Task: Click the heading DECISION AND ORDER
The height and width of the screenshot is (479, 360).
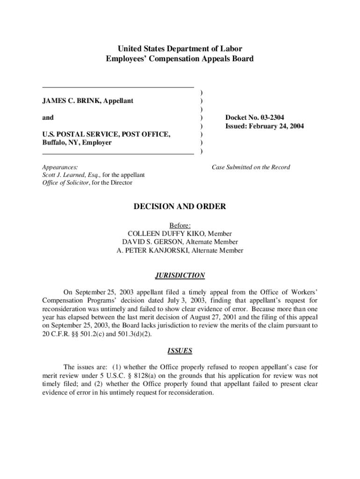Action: pyautogui.click(x=180, y=206)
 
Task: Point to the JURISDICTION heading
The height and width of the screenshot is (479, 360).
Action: pyautogui.click(x=180, y=276)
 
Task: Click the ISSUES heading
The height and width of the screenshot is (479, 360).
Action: pyautogui.click(x=180, y=350)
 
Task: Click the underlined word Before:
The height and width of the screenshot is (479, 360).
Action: pyautogui.click(x=180, y=225)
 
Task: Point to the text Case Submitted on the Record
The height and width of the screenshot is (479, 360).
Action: pyautogui.click(x=251, y=167)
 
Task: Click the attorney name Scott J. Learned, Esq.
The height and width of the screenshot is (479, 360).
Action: pyautogui.click(x=65, y=175)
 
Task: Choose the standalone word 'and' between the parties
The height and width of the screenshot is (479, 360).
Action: pyautogui.click(x=48, y=117)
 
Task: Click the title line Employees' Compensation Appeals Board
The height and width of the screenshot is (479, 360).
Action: pyautogui.click(x=180, y=59)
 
